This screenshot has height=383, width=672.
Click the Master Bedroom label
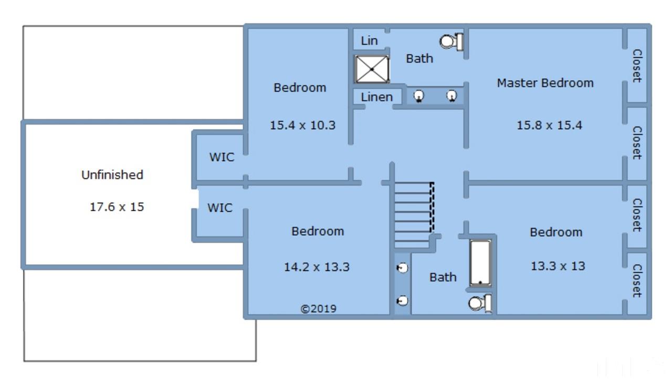pos(545,83)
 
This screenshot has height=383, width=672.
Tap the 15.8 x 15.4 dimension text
pos(549,125)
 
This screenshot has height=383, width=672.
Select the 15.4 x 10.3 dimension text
pos(302,125)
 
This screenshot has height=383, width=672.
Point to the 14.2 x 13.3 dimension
pos(317,267)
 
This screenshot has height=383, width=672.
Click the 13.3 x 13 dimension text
pos(558,266)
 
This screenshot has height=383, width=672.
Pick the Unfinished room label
pos(112,175)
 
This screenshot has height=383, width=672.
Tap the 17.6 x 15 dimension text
pos(117,207)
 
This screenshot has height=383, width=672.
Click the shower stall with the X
pos(372,69)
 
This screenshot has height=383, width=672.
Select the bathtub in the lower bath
pos(480,263)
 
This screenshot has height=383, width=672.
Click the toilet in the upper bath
pos(451,42)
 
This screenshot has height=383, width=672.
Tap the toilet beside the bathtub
pos(480,303)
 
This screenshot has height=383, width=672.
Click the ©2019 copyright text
pos(318,308)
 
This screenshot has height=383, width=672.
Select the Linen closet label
pos(377,97)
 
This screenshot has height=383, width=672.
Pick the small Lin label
pos(369,41)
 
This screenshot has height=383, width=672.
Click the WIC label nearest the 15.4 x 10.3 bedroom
pos(222,157)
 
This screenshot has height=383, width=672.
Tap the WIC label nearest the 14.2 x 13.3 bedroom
pos(220,208)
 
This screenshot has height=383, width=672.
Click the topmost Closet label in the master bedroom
pos(637,66)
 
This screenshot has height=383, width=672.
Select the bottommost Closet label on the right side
pos(637,281)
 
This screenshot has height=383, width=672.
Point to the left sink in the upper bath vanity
pos(418,96)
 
